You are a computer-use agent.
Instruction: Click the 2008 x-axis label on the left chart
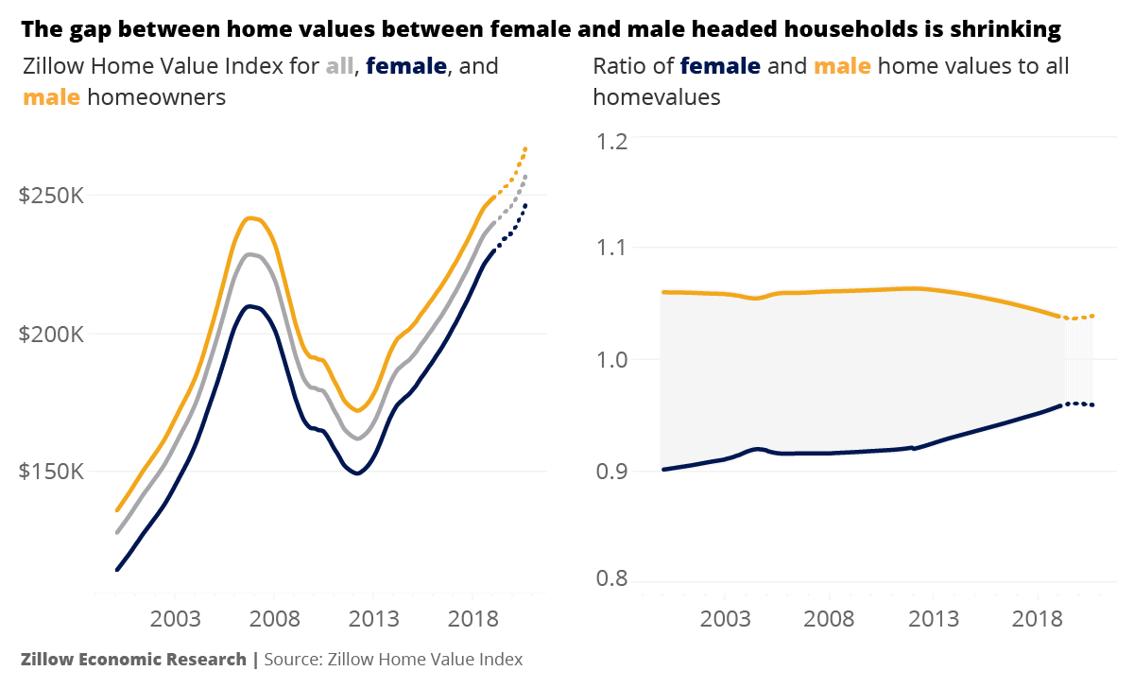pyautogui.click(x=275, y=619)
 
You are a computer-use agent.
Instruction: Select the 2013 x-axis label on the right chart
pyautogui.click(x=934, y=619)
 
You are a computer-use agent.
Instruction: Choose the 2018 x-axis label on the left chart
pyautogui.click(x=473, y=619)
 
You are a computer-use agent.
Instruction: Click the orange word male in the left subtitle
pyautogui.click(x=51, y=96)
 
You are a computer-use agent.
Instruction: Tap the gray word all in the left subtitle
pyautogui.click(x=339, y=66)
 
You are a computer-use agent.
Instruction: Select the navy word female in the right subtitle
pyautogui.click(x=719, y=66)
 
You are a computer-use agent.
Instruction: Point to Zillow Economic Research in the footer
pyautogui.click(x=133, y=659)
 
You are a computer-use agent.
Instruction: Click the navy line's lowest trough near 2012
pyautogui.click(x=356, y=473)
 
